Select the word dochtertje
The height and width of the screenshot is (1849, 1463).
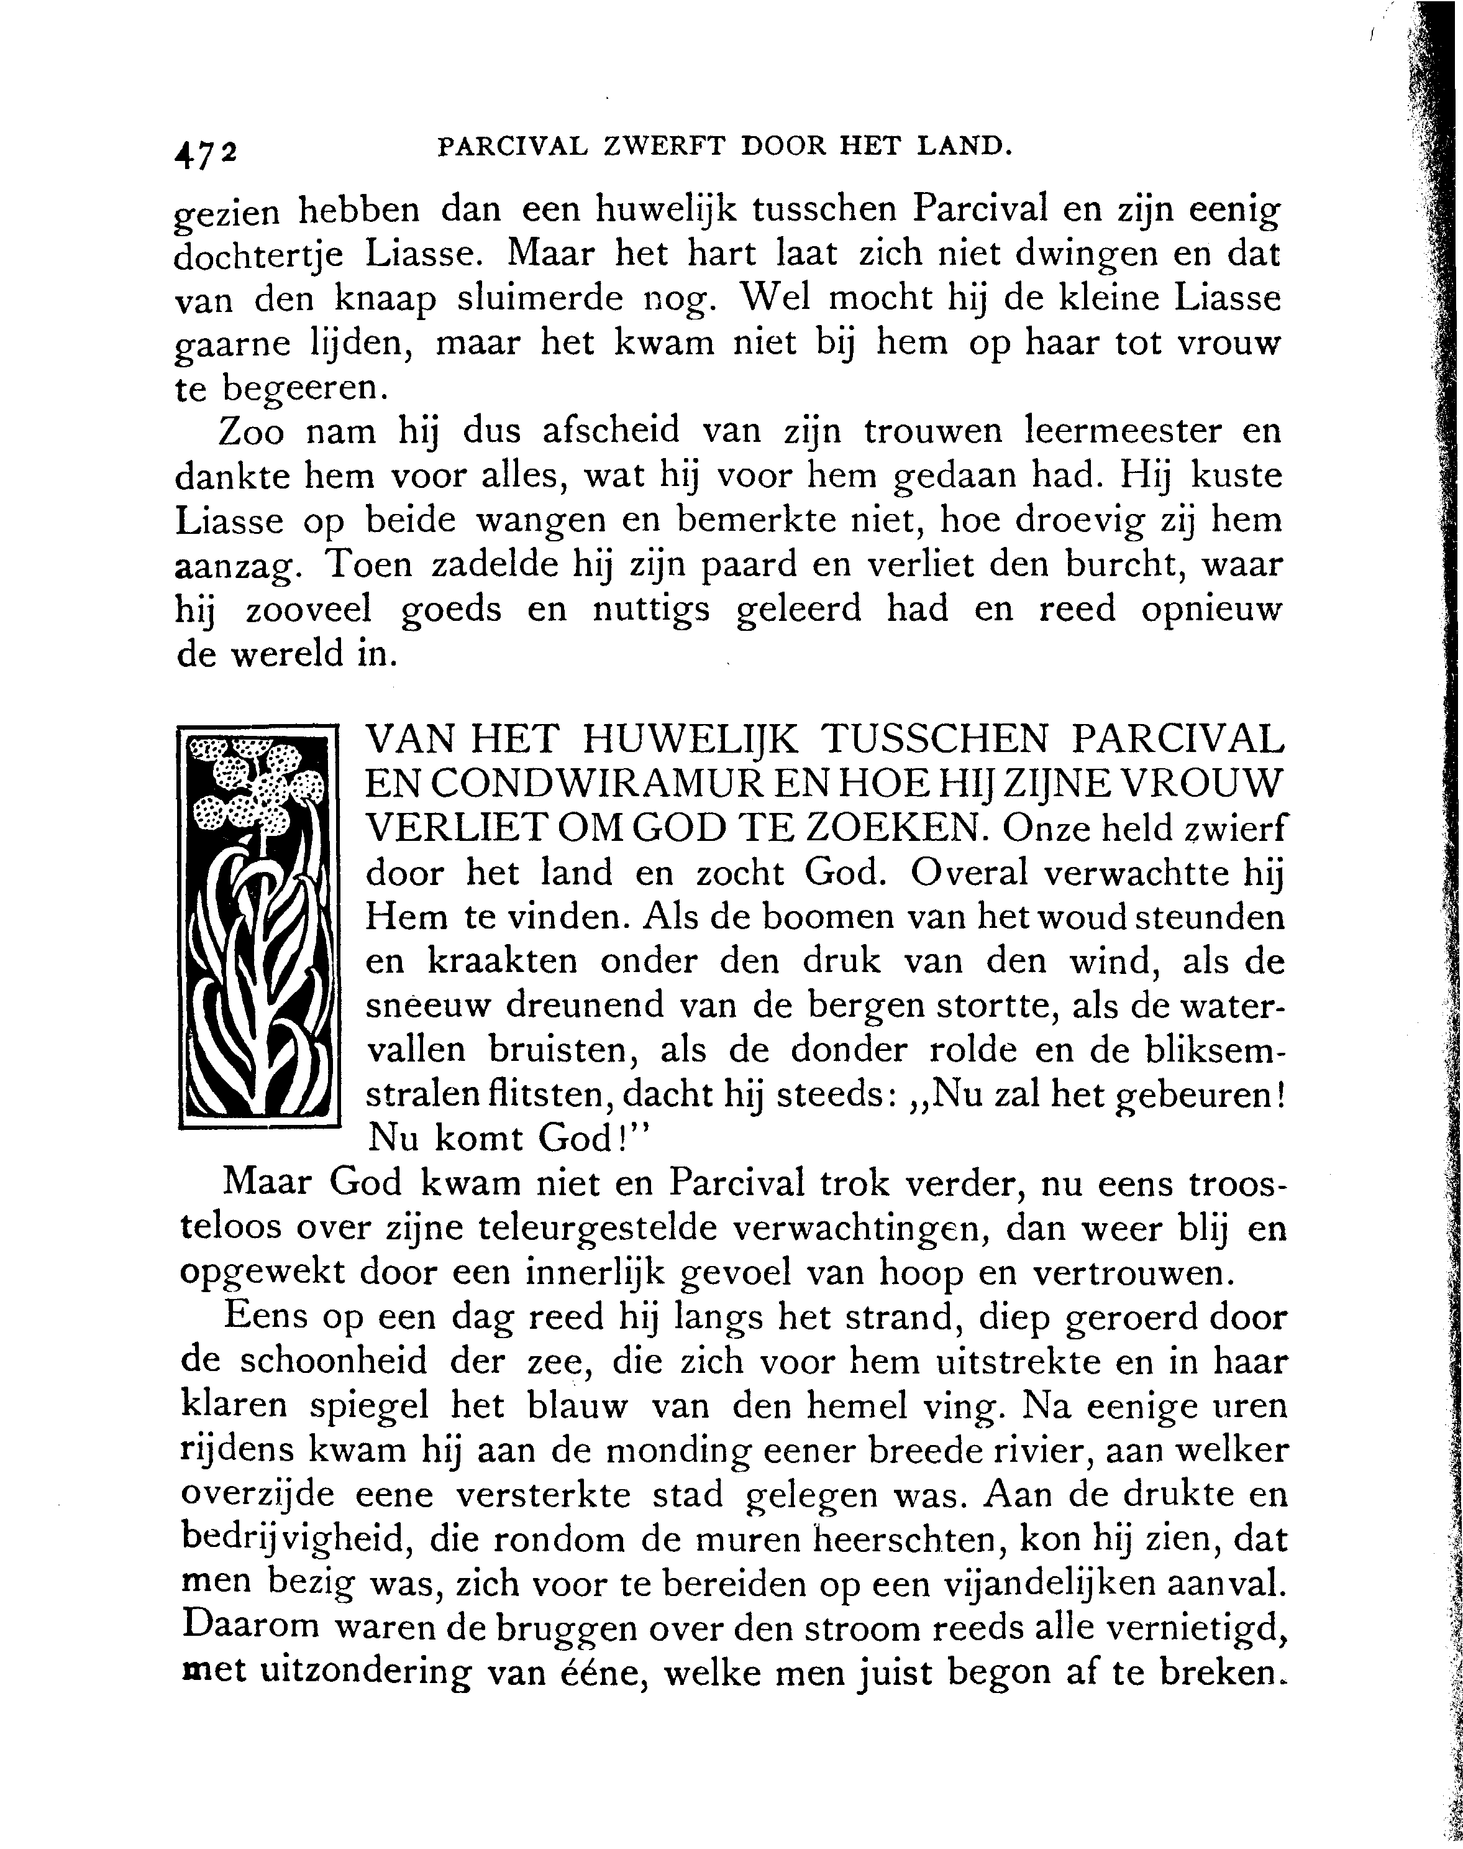[258, 255]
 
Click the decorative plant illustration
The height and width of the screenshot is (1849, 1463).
[258, 925]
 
